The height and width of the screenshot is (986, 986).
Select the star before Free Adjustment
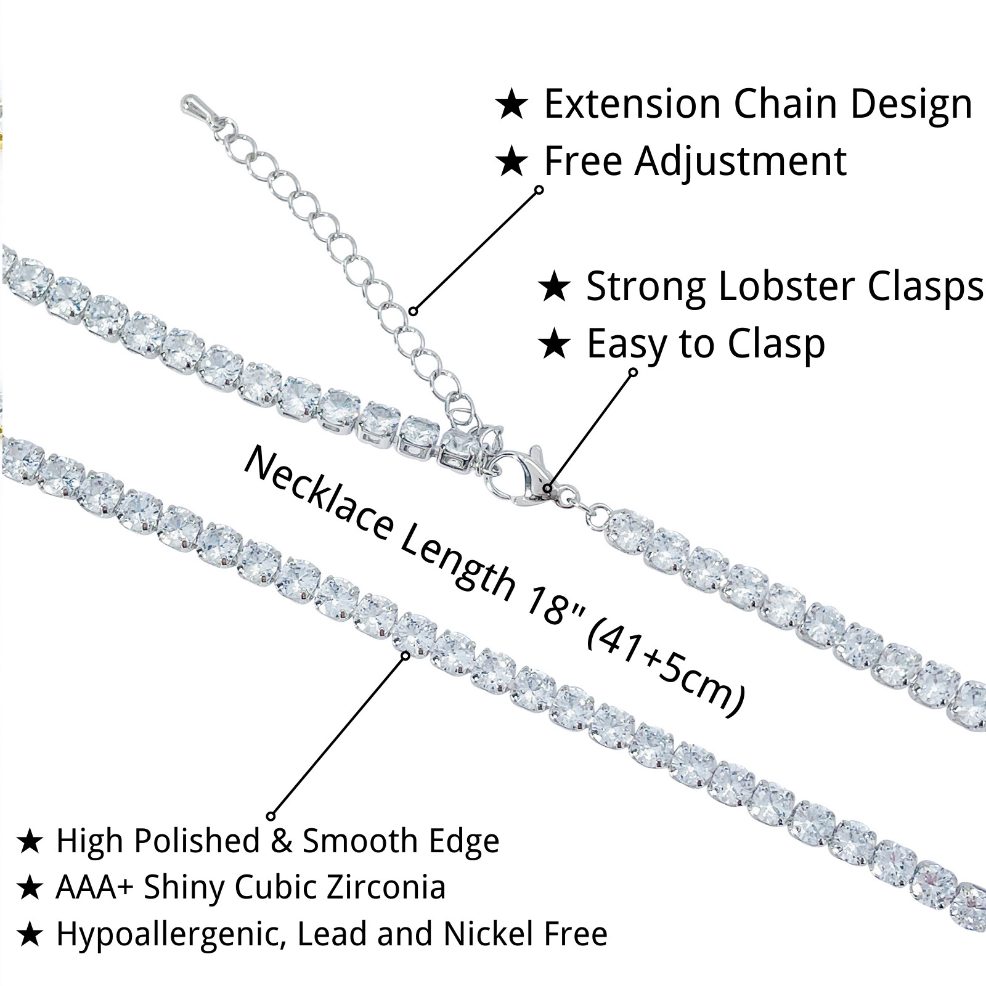pos(512,162)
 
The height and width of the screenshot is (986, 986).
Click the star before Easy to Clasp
pos(555,344)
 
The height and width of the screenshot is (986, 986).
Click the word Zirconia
pos(386,887)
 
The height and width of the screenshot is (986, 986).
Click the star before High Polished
pos(30,842)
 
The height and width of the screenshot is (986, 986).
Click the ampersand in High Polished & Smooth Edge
pos(281,841)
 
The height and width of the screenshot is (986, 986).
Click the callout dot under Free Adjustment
pos(539,189)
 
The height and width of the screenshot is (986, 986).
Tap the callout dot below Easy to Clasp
pos(633,372)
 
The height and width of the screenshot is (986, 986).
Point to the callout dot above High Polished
pos(271,817)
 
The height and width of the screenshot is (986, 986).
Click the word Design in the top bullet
pos(914,104)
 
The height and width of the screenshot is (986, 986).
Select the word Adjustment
pos(741,161)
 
